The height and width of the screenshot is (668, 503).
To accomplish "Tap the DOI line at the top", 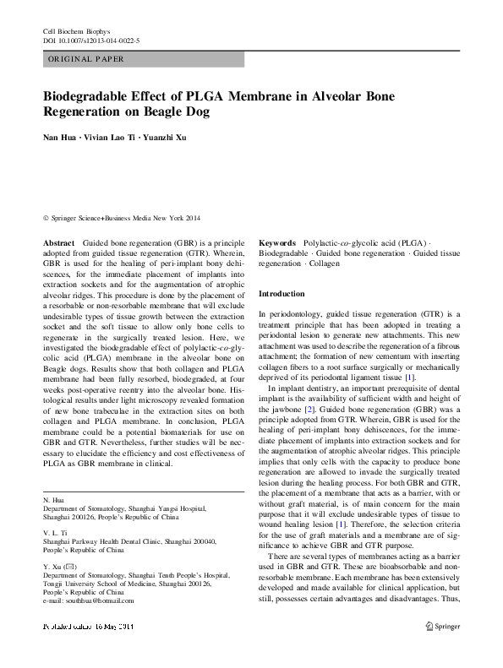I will (x=90, y=41).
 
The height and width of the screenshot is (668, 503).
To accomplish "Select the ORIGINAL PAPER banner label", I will (x=87, y=59).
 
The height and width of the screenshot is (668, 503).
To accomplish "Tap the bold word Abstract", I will (x=59, y=242).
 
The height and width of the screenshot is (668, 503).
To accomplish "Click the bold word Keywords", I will (x=276, y=242).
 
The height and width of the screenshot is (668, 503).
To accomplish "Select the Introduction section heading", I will (x=282, y=293).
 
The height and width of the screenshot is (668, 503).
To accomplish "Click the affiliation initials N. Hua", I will (x=53, y=501).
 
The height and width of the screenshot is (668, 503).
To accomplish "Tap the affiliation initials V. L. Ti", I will (x=55, y=534).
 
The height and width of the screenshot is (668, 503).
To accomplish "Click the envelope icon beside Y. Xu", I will (x=70, y=566).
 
